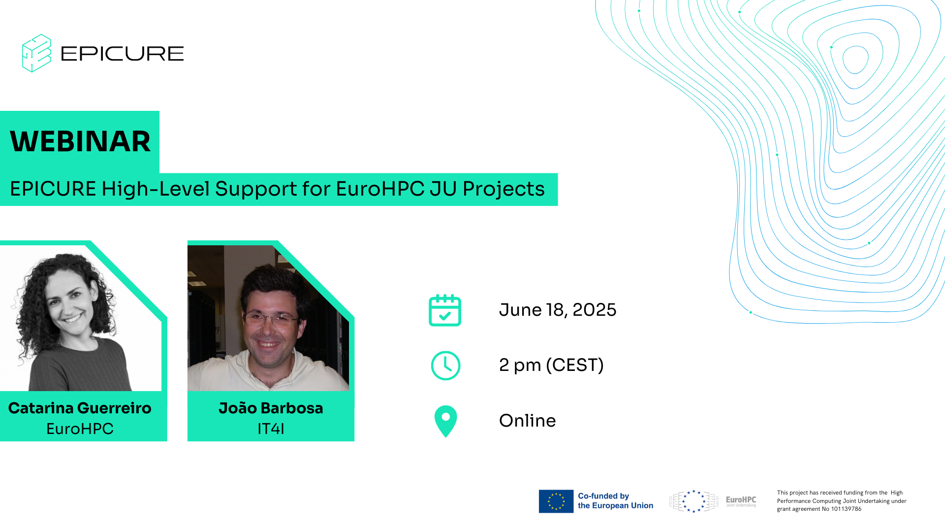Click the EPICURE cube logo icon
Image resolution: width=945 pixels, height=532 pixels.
(36, 53)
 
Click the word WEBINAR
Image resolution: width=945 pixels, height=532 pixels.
(80, 141)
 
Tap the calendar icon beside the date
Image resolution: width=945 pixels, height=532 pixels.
(445, 310)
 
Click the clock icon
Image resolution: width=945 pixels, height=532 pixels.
(445, 366)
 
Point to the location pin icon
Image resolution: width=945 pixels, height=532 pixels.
(446, 421)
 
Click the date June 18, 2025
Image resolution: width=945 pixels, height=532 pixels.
(558, 310)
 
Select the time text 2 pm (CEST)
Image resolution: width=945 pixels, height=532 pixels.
(551, 365)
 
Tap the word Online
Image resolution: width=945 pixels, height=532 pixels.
(527, 421)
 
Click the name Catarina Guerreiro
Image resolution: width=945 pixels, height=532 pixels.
(80, 408)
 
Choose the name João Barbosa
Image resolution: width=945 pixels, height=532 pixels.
(271, 408)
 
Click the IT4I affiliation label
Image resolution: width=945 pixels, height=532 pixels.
(271, 429)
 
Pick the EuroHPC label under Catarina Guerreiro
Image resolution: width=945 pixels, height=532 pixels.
(80, 429)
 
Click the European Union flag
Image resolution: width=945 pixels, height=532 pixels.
(556, 501)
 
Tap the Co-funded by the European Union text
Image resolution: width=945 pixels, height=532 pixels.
(616, 501)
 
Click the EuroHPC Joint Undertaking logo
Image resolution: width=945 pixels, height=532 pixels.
(713, 501)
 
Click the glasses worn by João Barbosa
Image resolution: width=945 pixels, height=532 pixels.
(271, 319)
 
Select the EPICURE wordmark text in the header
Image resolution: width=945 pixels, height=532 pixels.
(122, 54)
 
